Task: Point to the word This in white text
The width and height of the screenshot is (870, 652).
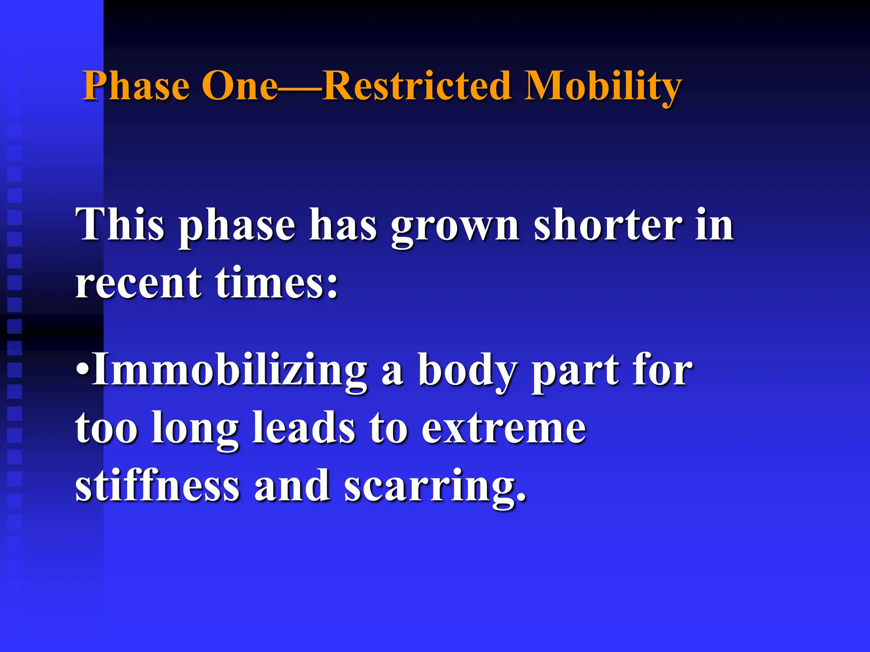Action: [120, 225]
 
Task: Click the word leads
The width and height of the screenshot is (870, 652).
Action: [304, 428]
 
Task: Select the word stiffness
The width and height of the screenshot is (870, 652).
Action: [158, 486]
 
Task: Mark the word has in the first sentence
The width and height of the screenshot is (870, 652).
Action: [343, 225]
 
